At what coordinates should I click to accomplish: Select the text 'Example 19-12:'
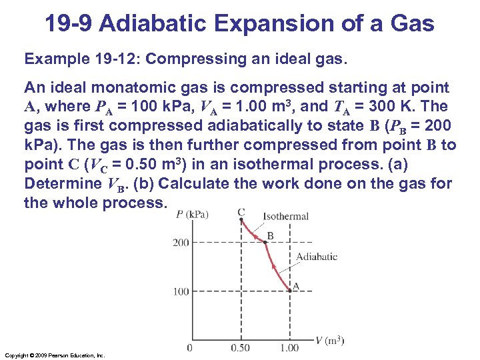coord(81,59)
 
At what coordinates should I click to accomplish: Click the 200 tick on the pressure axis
coord(181,243)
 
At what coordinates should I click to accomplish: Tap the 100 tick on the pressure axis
coord(181,291)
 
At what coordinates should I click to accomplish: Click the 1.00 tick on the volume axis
coord(290,347)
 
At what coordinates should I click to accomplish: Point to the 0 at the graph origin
coord(190,347)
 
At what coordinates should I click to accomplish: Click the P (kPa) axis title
coord(193,214)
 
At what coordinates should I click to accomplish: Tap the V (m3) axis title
coord(330,341)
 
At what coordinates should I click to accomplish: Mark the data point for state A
coord(291,290)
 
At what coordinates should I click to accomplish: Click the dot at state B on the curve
coord(265,243)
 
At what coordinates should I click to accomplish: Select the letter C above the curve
coord(241,213)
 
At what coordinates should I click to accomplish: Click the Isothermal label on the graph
coord(285,216)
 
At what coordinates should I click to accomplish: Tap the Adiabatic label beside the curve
coord(316,257)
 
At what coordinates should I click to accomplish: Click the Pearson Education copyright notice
coord(54,355)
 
